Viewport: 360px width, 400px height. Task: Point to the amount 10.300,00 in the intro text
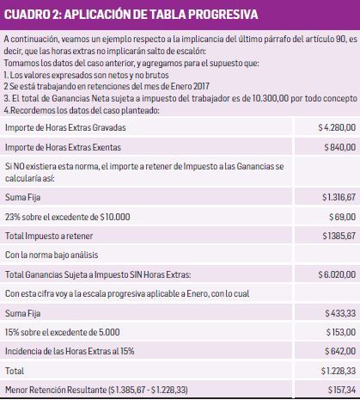[233, 101]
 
